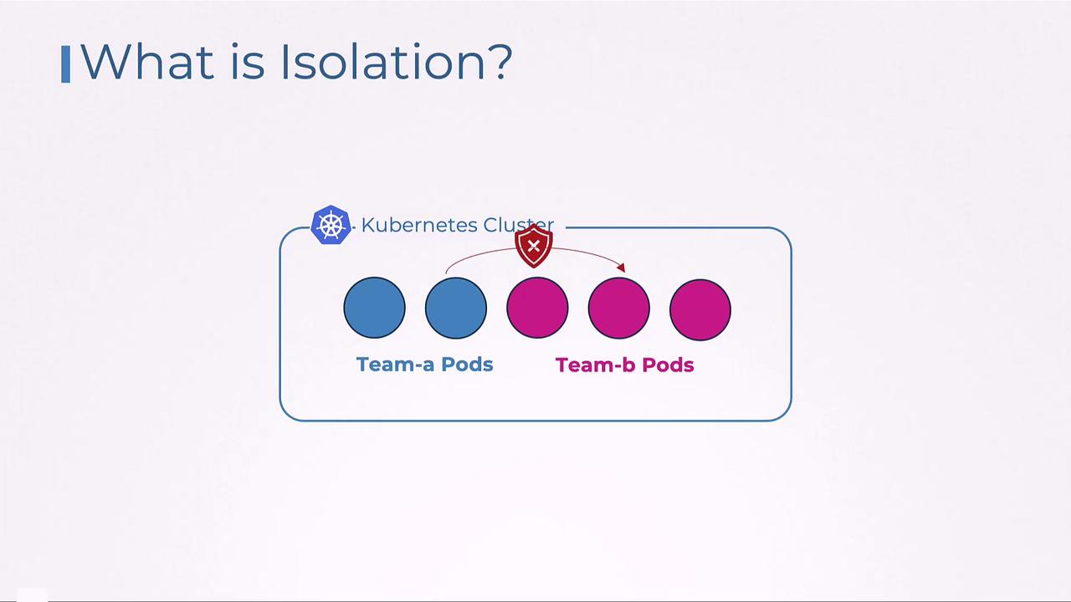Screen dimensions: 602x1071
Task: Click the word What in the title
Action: [x=146, y=62]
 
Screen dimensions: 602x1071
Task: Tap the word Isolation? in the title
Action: [x=395, y=62]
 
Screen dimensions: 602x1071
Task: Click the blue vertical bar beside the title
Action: [x=66, y=64]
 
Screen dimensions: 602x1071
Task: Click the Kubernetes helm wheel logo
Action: [x=331, y=225]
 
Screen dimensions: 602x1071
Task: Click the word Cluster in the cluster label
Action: [x=519, y=226]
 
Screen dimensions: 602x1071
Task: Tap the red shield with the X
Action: [x=534, y=246]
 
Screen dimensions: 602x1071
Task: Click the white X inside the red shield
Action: [x=534, y=246]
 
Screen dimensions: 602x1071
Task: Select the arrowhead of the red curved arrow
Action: [x=621, y=268]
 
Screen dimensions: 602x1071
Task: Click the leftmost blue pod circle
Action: [x=374, y=309]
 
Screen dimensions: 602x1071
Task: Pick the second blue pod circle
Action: [x=456, y=309]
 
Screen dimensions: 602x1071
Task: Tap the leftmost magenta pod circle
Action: [x=537, y=309]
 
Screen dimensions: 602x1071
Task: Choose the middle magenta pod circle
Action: [x=618, y=309]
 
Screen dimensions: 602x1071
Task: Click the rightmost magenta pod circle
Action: [x=700, y=309]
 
